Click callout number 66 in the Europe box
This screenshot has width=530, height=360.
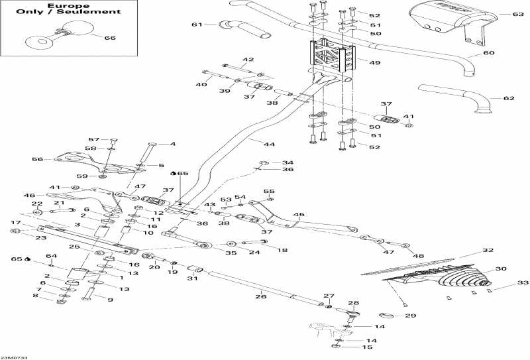[x=110, y=38]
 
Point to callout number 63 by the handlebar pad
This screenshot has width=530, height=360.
[x=517, y=13]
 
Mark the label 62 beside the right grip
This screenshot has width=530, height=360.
[x=508, y=98]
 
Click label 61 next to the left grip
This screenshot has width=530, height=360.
[x=196, y=25]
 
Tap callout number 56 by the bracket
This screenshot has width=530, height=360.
[x=37, y=159]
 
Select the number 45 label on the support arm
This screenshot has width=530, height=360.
[x=299, y=215]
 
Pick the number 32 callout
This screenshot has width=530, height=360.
[x=488, y=251]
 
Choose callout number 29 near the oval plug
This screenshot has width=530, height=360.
[x=410, y=316]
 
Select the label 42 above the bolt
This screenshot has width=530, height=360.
[x=248, y=60]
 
